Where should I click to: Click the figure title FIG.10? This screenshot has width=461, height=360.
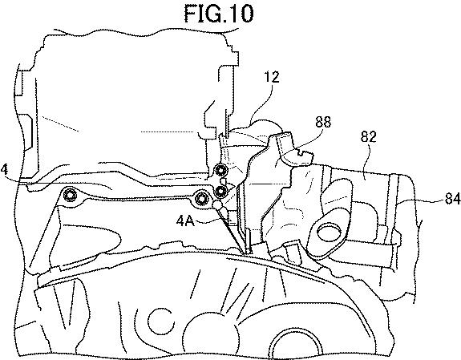[218, 14]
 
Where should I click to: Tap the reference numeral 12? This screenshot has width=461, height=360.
[271, 77]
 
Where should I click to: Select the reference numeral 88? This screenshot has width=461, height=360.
[323, 122]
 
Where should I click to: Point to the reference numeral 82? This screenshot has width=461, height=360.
[368, 136]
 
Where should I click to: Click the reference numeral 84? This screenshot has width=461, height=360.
[452, 200]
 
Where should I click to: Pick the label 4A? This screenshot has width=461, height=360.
[185, 220]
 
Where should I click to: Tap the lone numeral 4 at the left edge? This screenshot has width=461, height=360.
[4, 170]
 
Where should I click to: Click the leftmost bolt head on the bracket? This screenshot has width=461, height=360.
[70, 195]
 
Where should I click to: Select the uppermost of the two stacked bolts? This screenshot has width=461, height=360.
[220, 170]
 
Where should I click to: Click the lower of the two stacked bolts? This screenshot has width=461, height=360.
[220, 192]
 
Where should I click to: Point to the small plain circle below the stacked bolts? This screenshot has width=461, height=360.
[217, 204]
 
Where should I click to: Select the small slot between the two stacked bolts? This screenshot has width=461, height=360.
[223, 180]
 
